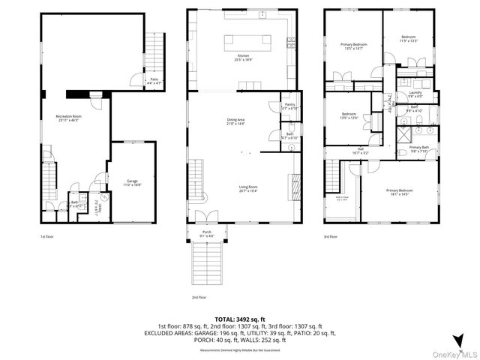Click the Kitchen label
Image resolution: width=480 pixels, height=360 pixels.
pyautogui.click(x=243, y=58)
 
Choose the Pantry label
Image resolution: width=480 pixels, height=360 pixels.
pyautogui.click(x=289, y=106)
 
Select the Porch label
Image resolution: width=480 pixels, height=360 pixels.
pyautogui.click(x=207, y=234)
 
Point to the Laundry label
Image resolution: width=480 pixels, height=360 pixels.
pyautogui.click(x=415, y=94)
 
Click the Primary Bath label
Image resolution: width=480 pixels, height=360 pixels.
pyautogui.click(x=418, y=148)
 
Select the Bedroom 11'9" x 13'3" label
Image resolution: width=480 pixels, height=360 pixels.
pyautogui.click(x=408, y=38)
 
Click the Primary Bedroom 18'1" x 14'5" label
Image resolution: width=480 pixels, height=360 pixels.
pyautogui.click(x=399, y=192)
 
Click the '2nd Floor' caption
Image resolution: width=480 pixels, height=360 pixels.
pyautogui.click(x=198, y=297)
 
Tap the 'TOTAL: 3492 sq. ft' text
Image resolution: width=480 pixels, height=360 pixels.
pyautogui.click(x=240, y=319)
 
